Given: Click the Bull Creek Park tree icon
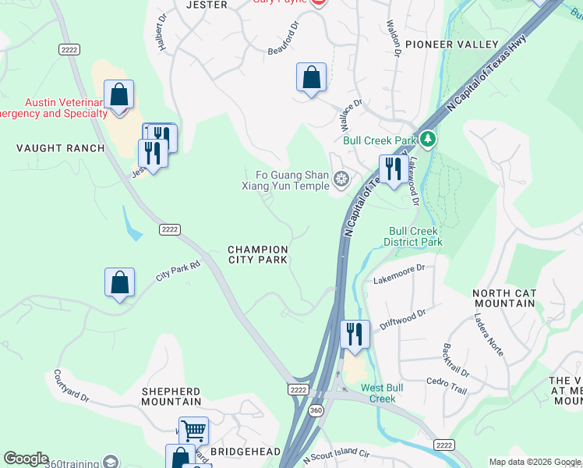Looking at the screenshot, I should tap(427, 140).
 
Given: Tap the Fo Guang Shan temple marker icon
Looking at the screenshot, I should tap(341, 180).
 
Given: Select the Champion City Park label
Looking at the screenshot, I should tap(258, 254).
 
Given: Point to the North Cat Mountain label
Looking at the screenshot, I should tap(503, 299).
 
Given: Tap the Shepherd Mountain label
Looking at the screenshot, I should tap(171, 396).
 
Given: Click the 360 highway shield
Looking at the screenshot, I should tap(316, 410).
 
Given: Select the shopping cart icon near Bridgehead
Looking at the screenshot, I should tap(193, 431).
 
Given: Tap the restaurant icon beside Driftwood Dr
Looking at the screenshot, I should tap(355, 334).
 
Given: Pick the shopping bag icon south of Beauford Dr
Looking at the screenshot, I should tap(311, 78).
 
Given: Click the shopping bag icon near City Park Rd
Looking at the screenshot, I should tap(120, 283).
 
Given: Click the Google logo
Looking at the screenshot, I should tap(26, 459).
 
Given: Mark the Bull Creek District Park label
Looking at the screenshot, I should tap(413, 236).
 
